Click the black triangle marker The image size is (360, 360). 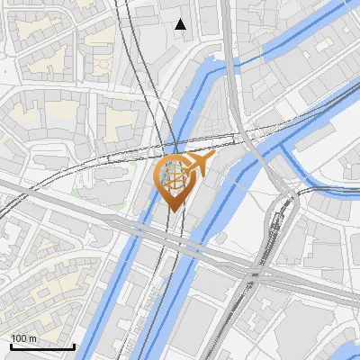(x=181, y=24)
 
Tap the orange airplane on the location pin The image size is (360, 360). (x=199, y=163)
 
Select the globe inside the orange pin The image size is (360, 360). (x=173, y=178)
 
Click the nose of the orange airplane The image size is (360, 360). (x=212, y=156)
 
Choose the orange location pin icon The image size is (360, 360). (x=174, y=180)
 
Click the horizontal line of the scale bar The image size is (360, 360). (x=41, y=346)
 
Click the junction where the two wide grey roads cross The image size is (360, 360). (x=255, y=273)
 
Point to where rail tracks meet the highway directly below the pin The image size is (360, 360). (x=174, y=244)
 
